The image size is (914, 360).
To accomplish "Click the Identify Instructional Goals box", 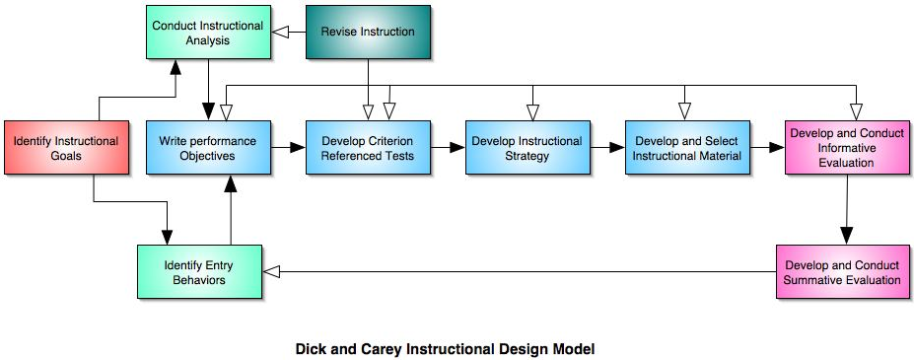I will pos(66,148).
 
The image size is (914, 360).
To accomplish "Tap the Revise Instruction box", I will pos(368,32).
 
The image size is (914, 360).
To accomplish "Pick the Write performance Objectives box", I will pos(207,148).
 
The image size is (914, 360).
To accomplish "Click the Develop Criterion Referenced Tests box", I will pos(368,148).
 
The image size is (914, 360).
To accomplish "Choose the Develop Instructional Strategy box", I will pos(527,148).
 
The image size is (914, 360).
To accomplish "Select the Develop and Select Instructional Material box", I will pos(686,148).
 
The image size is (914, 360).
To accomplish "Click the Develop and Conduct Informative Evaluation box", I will pos(846,148).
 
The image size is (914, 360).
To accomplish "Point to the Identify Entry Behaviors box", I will pos(199,272).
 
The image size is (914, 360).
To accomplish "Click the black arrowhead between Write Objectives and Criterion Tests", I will pos(298,148).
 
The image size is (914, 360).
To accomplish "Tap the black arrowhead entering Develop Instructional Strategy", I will pos(457,148).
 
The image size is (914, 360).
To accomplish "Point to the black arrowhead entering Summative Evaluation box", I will pos(845,238).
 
